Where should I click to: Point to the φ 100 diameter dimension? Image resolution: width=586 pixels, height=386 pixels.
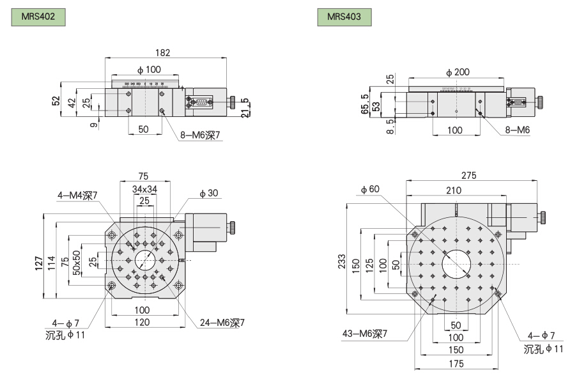pyautogui.click(x=148, y=69)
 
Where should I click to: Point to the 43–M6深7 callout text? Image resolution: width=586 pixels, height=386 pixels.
pyautogui.click(x=366, y=333)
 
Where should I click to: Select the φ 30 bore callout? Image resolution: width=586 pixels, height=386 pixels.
pyautogui.click(x=208, y=194)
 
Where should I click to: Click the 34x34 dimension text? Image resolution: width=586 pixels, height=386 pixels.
pyautogui.click(x=145, y=189)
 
